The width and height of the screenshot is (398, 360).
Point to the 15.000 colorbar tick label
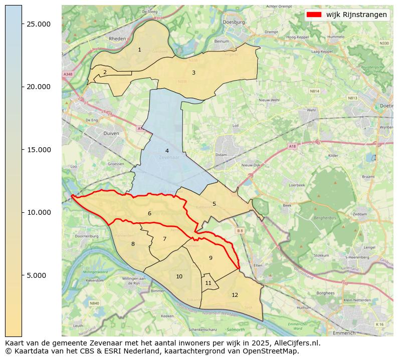pyautogui.click(x=39, y=150)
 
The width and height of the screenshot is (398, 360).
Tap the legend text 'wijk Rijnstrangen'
pyautogui.click(x=356, y=15)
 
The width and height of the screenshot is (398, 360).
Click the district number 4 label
pyautogui.click(x=167, y=151)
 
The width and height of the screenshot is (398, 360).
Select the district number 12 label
pyautogui.click(x=235, y=295)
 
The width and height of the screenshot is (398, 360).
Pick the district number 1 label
pyautogui.click(x=139, y=50)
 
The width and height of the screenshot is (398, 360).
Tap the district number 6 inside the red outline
pyautogui.click(x=149, y=213)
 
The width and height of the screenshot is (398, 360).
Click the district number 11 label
pyautogui.click(x=208, y=283)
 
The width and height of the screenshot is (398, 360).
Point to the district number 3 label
pyautogui.click(x=193, y=73)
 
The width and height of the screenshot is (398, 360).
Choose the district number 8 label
pyautogui.click(x=133, y=244)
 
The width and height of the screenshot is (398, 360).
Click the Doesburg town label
pyautogui.click(x=235, y=22)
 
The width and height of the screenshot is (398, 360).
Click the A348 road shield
pyautogui.click(x=68, y=74)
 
